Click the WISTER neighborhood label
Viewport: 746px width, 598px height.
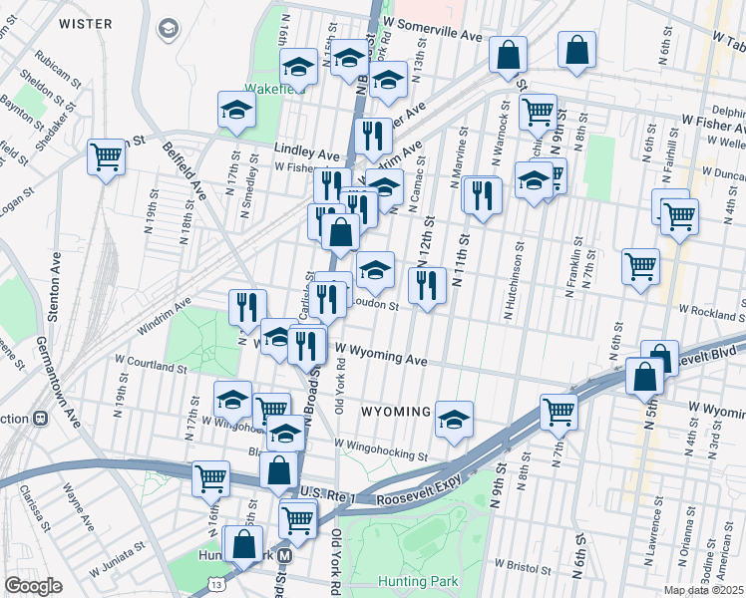tap(86, 22)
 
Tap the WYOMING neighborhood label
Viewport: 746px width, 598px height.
tap(395, 412)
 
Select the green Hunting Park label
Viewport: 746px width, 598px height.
tap(417, 581)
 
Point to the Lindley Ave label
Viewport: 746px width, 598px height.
tap(308, 155)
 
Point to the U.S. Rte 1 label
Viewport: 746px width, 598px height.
tap(329, 494)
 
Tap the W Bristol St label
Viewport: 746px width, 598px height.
tap(519, 568)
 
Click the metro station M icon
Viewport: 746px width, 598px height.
tap(285, 556)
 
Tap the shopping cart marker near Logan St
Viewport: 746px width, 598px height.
tap(106, 156)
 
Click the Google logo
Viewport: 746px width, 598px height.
tap(34, 586)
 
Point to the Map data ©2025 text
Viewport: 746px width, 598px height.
tap(703, 590)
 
